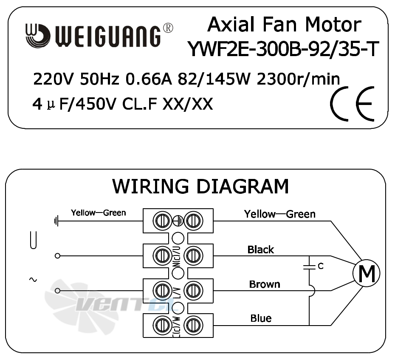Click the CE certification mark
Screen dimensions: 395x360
[352, 104]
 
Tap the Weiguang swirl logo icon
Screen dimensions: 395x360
[37, 36]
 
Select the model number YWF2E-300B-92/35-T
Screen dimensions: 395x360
[283, 49]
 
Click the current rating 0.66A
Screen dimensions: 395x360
[149, 79]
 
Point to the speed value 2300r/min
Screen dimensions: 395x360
[298, 79]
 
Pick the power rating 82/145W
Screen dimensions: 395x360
[214, 79]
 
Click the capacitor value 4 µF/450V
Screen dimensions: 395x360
[74, 104]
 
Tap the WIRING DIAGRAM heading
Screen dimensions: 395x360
[200, 186]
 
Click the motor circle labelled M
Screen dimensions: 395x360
[366, 273]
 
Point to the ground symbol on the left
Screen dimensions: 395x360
[56, 221]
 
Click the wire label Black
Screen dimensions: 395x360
[260, 249]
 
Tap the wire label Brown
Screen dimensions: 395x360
[265, 284]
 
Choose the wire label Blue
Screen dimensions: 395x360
[261, 318]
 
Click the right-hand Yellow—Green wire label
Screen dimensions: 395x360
[279, 214]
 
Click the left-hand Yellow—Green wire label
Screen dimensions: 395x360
[98, 213]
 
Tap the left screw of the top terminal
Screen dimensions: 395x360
[163, 221]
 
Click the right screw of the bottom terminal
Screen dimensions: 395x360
[194, 326]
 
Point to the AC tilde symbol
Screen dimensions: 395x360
[33, 280]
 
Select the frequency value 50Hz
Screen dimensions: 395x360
[99, 79]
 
